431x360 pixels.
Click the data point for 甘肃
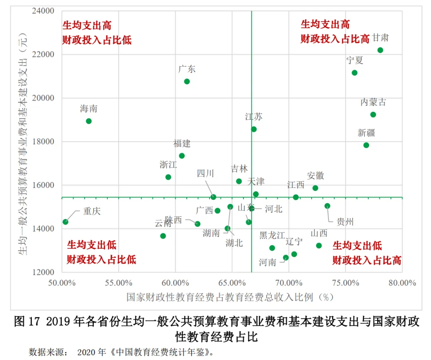coord(380,50)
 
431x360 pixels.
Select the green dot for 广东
coord(187,81)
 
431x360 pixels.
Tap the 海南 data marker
coord(89,121)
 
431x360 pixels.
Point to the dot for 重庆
coord(65,222)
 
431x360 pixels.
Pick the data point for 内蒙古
coord(373,115)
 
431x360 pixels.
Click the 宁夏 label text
coord(355,60)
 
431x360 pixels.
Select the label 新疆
coord(366,133)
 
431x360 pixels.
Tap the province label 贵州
coord(345,222)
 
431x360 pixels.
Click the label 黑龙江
coord(272,235)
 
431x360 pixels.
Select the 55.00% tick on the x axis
coord(119,283)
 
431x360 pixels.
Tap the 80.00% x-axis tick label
coord(402,283)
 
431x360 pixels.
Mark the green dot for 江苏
coord(254,129)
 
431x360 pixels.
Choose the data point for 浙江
coord(168,177)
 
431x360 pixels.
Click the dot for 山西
coord(319,245)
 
